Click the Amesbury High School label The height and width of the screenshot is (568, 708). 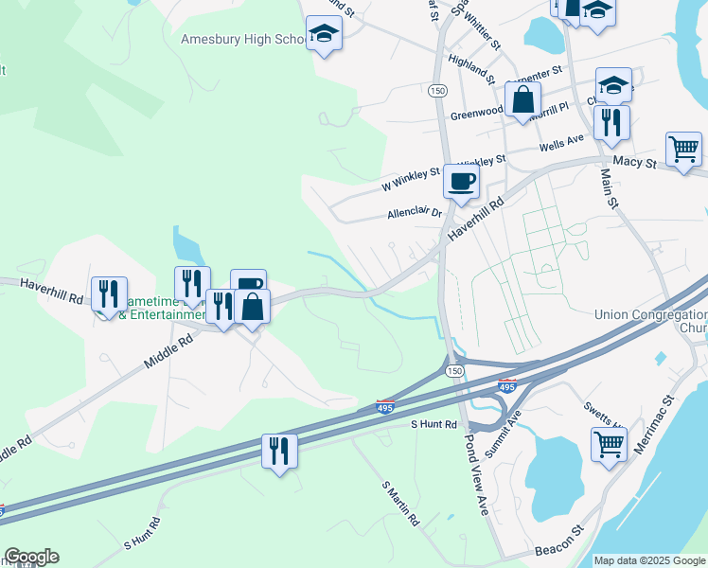(240, 40)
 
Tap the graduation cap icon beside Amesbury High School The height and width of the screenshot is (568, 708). (324, 34)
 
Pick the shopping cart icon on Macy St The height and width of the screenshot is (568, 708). (683, 149)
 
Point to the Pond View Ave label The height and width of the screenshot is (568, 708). (476, 474)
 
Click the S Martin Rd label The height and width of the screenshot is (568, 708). (400, 503)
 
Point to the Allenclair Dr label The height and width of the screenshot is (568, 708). (415, 214)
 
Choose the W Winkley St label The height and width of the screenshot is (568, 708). (411, 174)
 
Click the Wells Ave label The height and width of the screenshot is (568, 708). (561, 142)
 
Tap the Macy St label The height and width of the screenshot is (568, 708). (634, 163)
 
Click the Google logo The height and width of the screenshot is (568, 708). (31, 557)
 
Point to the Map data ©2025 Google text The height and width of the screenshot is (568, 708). (649, 560)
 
